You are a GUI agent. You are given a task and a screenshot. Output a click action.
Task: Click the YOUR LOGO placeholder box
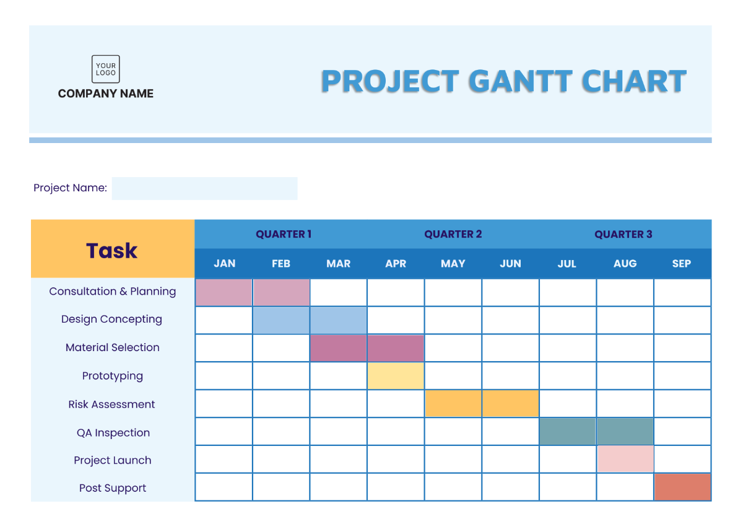pyautogui.click(x=106, y=69)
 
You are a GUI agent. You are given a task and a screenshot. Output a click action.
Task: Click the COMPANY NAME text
pyautogui.click(x=106, y=94)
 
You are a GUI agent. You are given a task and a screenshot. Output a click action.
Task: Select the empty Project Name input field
pyautogui.click(x=204, y=188)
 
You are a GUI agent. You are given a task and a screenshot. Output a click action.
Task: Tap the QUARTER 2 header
pyautogui.click(x=453, y=234)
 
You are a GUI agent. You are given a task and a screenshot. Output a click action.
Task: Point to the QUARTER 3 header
pyautogui.click(x=623, y=234)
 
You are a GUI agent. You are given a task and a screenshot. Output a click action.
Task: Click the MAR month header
pyautogui.click(x=338, y=264)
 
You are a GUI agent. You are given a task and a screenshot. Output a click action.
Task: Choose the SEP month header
pyautogui.click(x=681, y=264)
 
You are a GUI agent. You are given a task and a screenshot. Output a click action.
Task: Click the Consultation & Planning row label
pyautogui.click(x=113, y=292)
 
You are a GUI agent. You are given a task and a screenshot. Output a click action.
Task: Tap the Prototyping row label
pyautogui.click(x=113, y=376)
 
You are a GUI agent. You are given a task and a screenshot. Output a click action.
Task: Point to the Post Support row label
pyautogui.click(x=113, y=488)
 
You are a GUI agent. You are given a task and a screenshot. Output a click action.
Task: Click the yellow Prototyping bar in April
pyautogui.click(x=396, y=376)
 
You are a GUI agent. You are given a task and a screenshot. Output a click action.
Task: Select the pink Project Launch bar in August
pyautogui.click(x=625, y=459)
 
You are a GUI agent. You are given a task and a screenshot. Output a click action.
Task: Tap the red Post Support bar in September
pyautogui.click(x=682, y=487)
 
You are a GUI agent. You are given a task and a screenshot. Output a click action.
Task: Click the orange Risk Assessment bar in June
pyautogui.click(x=510, y=404)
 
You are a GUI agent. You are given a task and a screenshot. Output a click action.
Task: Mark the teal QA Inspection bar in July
pyautogui.click(x=567, y=432)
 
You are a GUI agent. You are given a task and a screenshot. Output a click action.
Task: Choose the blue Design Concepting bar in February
pyautogui.click(x=281, y=320)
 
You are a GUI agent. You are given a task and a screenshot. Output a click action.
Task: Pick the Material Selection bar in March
pyautogui.click(x=338, y=348)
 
